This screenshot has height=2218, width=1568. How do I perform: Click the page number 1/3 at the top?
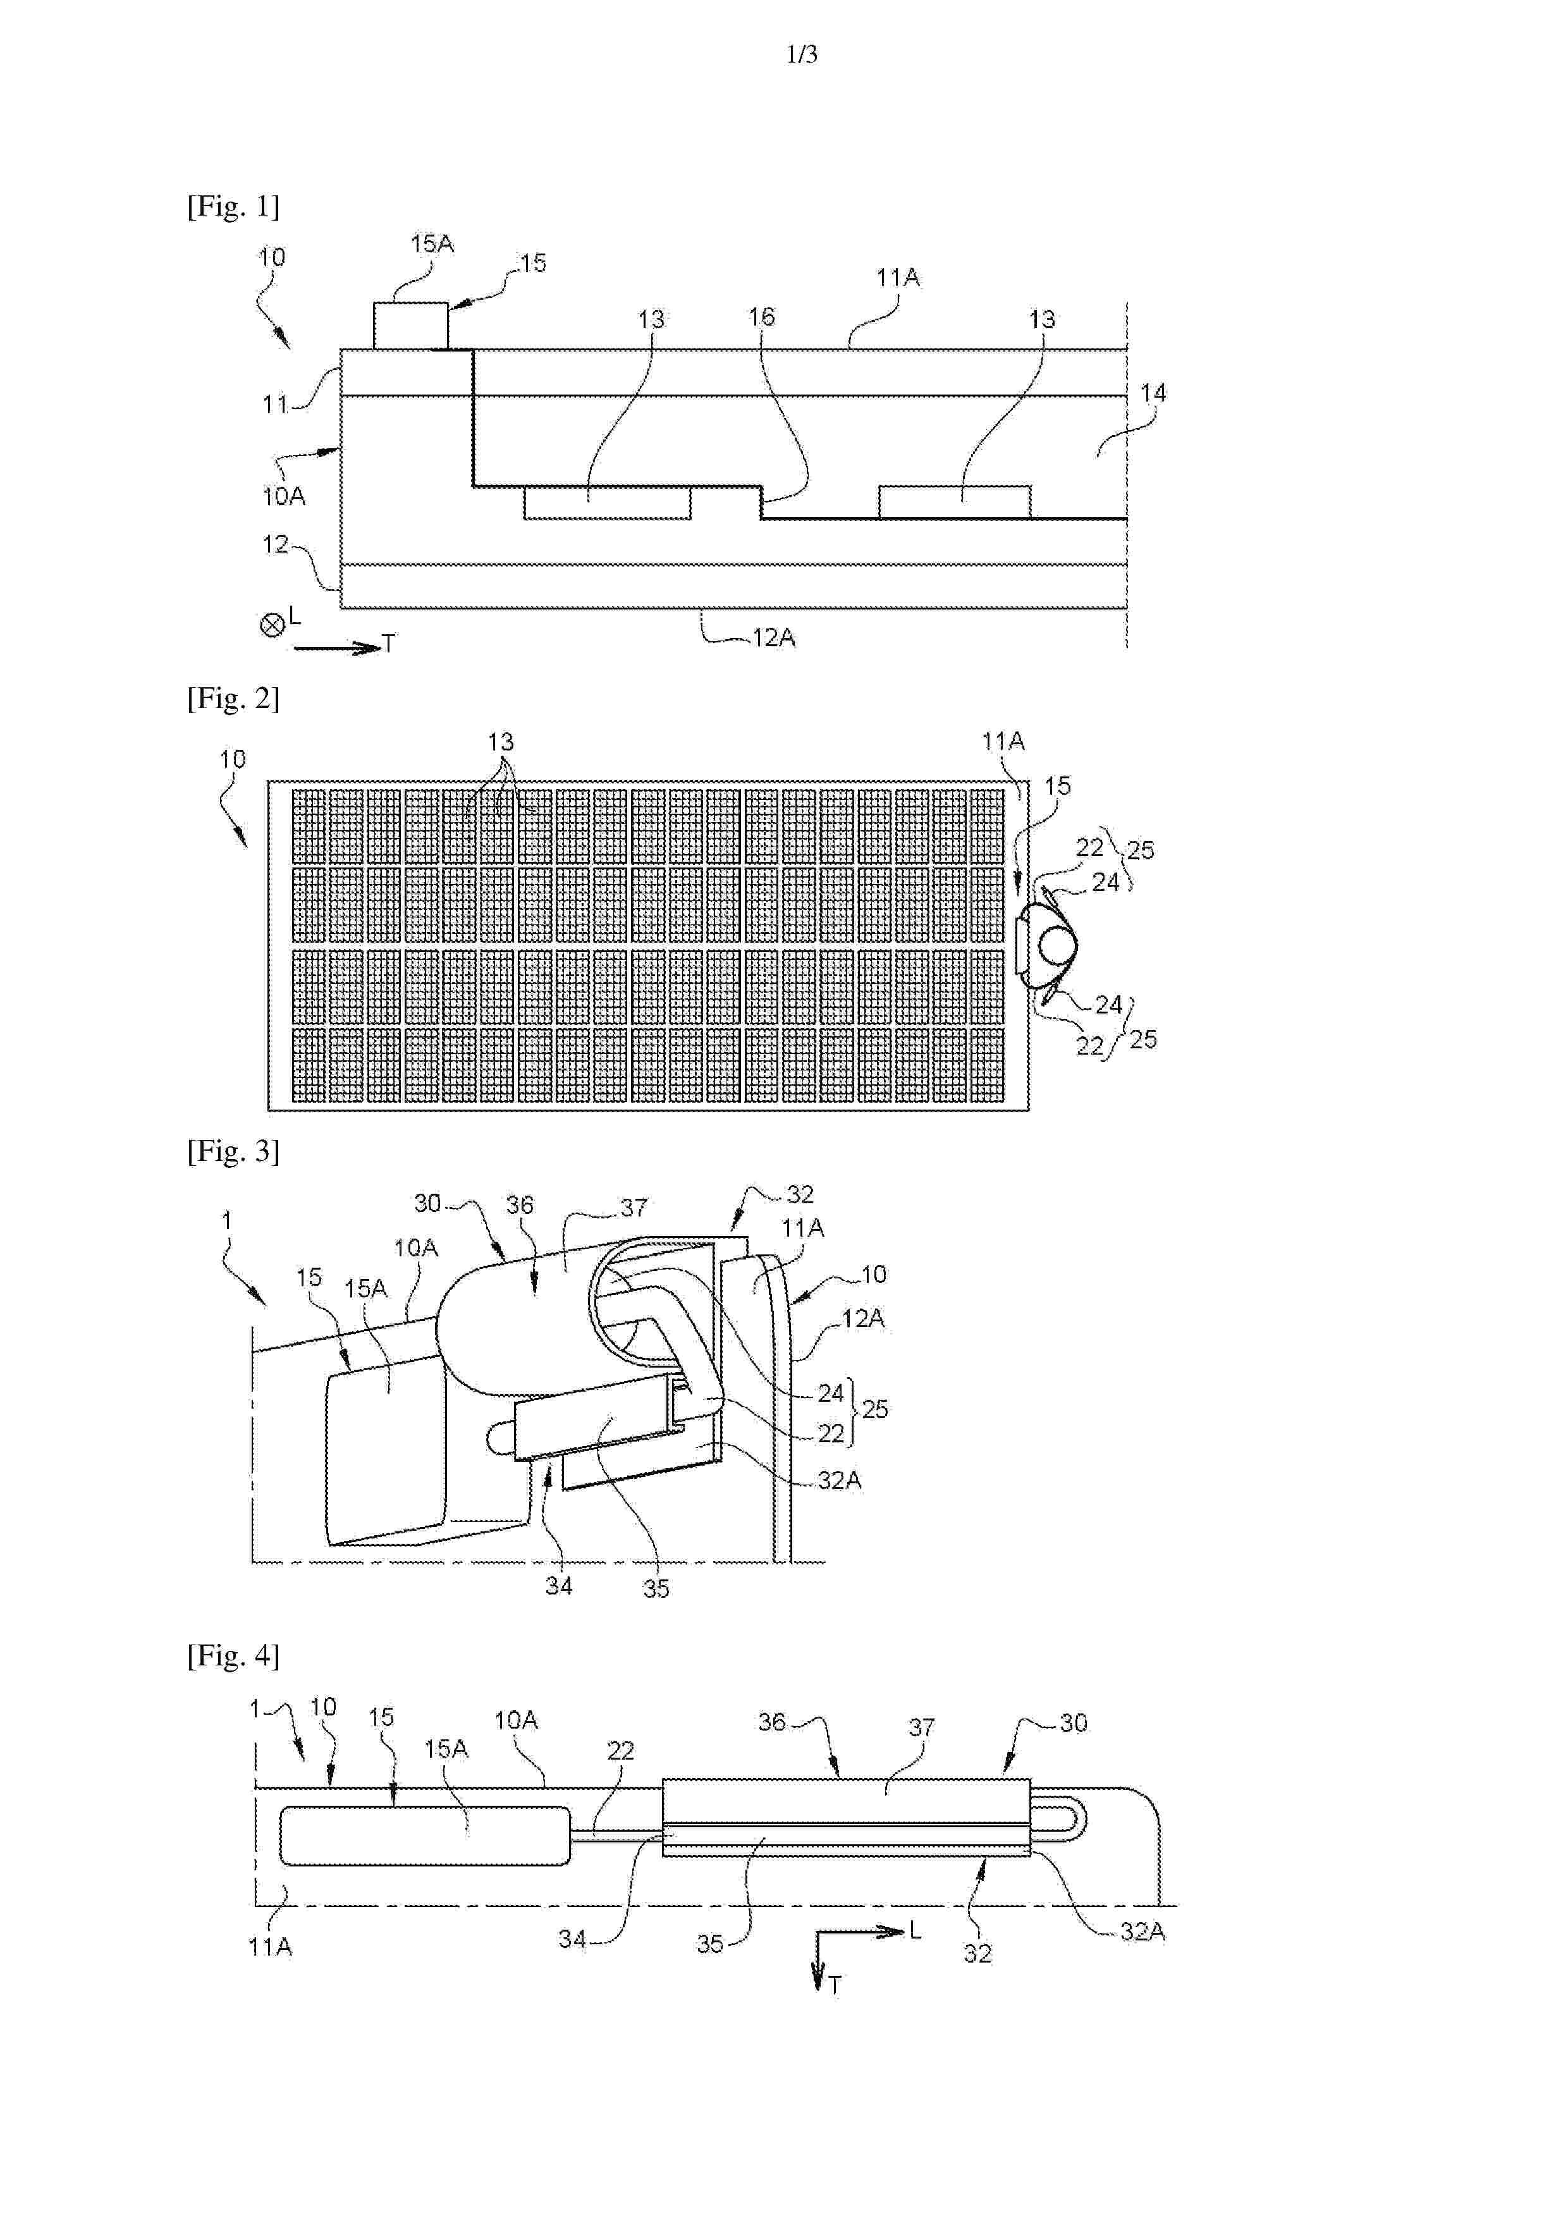tap(802, 55)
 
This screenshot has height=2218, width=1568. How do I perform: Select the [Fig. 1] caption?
tap(233, 205)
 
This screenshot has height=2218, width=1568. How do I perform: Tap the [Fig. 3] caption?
tap(233, 1151)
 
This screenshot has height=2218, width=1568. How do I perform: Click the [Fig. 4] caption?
tap(233, 1656)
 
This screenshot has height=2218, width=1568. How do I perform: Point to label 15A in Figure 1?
tap(432, 245)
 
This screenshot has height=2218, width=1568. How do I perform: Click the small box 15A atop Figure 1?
tap(410, 326)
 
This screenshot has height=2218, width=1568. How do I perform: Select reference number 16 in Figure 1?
tap(761, 317)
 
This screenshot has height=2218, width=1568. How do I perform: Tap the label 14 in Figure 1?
tap(1153, 393)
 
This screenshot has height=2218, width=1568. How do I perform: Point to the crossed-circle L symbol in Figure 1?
tap(271, 626)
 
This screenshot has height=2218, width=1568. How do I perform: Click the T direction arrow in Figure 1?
tap(337, 648)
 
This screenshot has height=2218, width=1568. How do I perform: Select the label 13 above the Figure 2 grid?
tap(501, 742)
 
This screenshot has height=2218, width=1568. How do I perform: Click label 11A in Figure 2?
tap(1003, 742)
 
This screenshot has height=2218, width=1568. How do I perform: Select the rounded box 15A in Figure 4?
tap(424, 1835)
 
